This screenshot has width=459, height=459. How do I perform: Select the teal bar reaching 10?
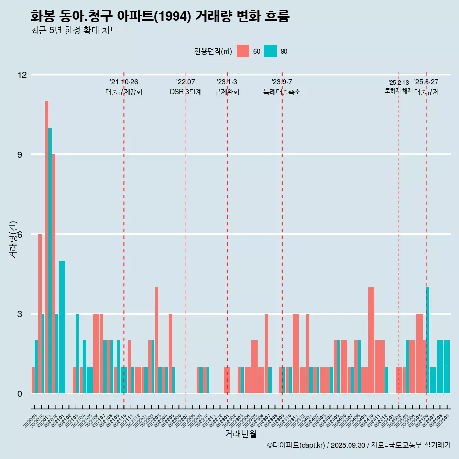(x=50, y=261)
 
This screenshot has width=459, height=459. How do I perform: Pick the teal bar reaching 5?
(x=62, y=327)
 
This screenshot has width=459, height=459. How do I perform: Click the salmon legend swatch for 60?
(x=243, y=51)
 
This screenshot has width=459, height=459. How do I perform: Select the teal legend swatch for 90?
(x=270, y=51)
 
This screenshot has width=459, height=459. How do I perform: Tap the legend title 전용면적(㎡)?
(x=213, y=51)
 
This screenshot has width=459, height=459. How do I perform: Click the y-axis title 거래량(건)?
(x=13, y=240)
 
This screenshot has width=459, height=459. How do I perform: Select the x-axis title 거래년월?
(x=240, y=434)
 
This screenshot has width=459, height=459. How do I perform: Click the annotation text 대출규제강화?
(x=124, y=92)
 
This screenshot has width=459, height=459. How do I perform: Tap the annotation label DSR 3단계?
(x=186, y=92)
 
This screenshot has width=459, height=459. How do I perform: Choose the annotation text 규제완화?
(x=227, y=92)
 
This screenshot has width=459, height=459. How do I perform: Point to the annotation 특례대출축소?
(x=282, y=92)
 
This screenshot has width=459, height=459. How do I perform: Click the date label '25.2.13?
(x=399, y=83)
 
